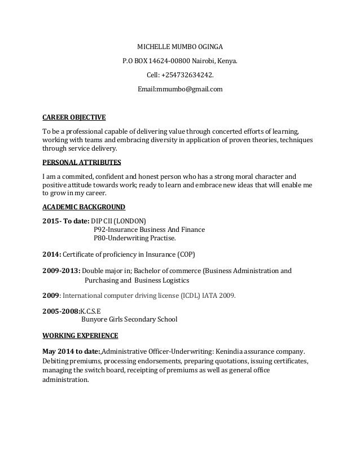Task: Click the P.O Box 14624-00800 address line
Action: point(180,61)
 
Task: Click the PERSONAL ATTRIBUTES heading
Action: point(82,162)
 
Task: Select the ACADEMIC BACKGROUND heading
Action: point(84,206)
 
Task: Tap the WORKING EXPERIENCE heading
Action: point(81,336)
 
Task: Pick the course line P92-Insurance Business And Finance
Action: point(149,230)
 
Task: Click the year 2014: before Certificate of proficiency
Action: point(51,253)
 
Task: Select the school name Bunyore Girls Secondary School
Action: point(129,319)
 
